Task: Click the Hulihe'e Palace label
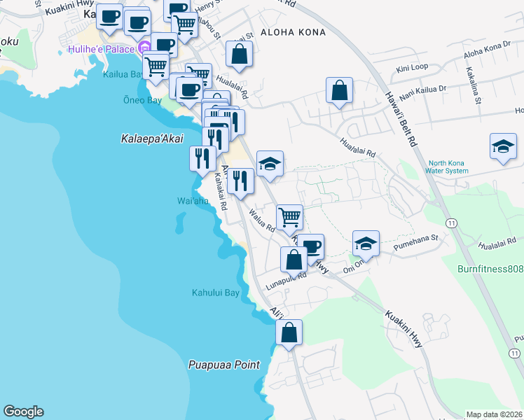pyautogui.click(x=103, y=50)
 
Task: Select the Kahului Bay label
pyautogui.click(x=216, y=293)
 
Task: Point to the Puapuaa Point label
pyautogui.click(x=224, y=365)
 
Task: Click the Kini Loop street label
pyautogui.click(x=412, y=69)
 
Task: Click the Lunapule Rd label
pyautogui.click(x=286, y=280)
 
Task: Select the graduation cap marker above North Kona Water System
pyautogui.click(x=503, y=147)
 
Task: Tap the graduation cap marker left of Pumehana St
pyautogui.click(x=365, y=244)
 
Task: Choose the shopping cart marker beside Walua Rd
pyautogui.click(x=289, y=217)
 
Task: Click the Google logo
pyautogui.click(x=23, y=412)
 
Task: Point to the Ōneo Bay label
pyautogui.click(x=142, y=101)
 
